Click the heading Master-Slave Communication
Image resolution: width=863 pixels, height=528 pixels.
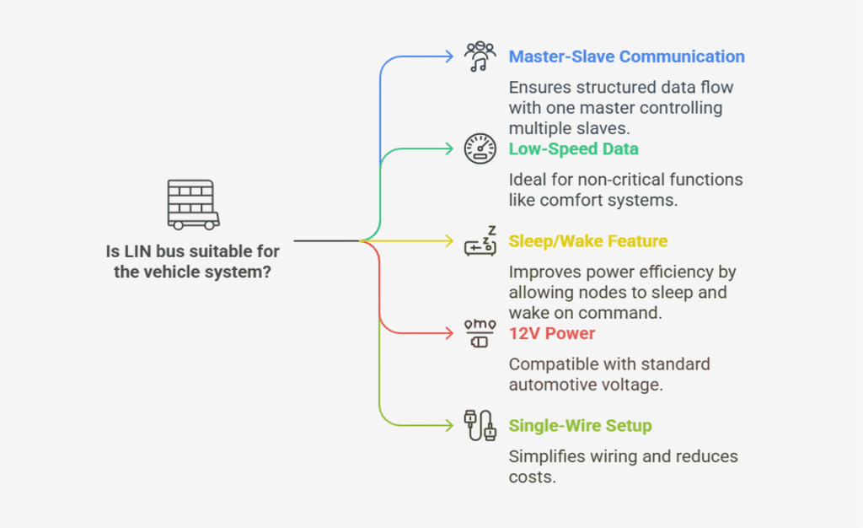coord(626,57)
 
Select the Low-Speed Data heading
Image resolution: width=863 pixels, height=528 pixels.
coord(573,148)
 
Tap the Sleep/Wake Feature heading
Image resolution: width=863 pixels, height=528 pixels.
coord(587,241)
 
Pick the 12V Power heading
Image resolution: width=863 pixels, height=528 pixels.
coord(551,333)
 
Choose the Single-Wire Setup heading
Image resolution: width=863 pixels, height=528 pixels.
coord(580,426)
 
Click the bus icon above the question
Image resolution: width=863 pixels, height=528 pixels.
coord(193,204)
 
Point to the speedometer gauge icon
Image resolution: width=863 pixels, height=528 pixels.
coord(480,148)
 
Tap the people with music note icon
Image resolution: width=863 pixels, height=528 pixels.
coord(480,57)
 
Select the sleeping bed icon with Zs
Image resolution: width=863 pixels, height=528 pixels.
coord(480,241)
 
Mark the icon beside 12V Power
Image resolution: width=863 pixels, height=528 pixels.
coord(480,333)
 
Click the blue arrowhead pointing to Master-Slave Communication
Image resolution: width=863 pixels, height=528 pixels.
coord(449,57)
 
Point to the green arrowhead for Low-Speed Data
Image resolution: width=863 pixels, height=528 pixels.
coord(449,148)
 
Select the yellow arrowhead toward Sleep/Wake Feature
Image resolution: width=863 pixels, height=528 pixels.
coord(449,241)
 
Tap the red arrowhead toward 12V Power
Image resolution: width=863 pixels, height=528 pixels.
coord(449,333)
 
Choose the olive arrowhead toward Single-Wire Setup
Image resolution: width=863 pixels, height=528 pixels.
coord(449,426)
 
